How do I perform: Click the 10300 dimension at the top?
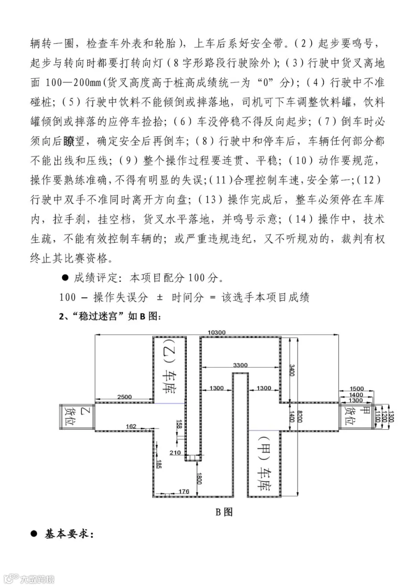(x=216, y=332)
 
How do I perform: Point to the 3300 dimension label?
(x=240, y=365)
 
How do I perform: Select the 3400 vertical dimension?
(x=291, y=370)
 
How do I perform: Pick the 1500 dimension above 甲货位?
(x=356, y=388)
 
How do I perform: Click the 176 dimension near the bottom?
(x=184, y=492)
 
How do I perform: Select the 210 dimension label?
(x=175, y=452)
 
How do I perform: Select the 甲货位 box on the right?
(x=355, y=417)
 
